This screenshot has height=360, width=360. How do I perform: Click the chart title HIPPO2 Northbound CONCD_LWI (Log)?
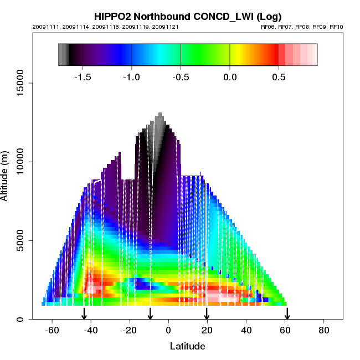[x=188, y=17]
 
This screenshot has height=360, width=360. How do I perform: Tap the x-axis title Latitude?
[x=187, y=346]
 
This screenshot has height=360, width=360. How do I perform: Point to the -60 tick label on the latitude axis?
[x=52, y=330]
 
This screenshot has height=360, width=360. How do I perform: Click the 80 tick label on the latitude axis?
[x=323, y=330]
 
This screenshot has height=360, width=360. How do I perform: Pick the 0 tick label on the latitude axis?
[x=168, y=330]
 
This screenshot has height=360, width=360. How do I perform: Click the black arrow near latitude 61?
[x=287, y=313]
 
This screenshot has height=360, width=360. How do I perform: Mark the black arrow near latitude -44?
[x=84, y=313]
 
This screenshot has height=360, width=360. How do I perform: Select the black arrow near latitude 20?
[x=207, y=313]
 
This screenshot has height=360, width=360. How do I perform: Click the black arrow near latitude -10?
[x=150, y=313]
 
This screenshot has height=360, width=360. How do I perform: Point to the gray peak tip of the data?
[x=160, y=115]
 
